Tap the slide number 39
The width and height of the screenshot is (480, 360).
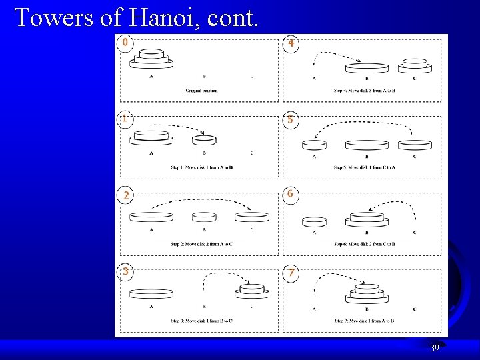(x=434, y=348)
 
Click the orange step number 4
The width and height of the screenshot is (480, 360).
(x=290, y=43)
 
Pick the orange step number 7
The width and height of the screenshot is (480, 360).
(x=290, y=273)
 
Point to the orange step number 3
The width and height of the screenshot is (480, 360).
(x=125, y=271)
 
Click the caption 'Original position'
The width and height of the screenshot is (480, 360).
(x=201, y=90)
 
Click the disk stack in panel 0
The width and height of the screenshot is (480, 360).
(x=152, y=59)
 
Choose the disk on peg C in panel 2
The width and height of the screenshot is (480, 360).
(x=252, y=217)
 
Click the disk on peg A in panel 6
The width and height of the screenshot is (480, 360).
(x=314, y=221)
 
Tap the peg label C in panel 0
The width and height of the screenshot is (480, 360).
(x=251, y=76)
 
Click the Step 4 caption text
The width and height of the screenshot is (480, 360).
(x=365, y=90)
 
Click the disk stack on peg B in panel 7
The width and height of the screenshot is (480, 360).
(x=367, y=293)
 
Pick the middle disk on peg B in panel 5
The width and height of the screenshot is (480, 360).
(x=367, y=145)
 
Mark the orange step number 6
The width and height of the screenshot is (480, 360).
(x=290, y=193)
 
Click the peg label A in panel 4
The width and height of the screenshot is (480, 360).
(x=314, y=79)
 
